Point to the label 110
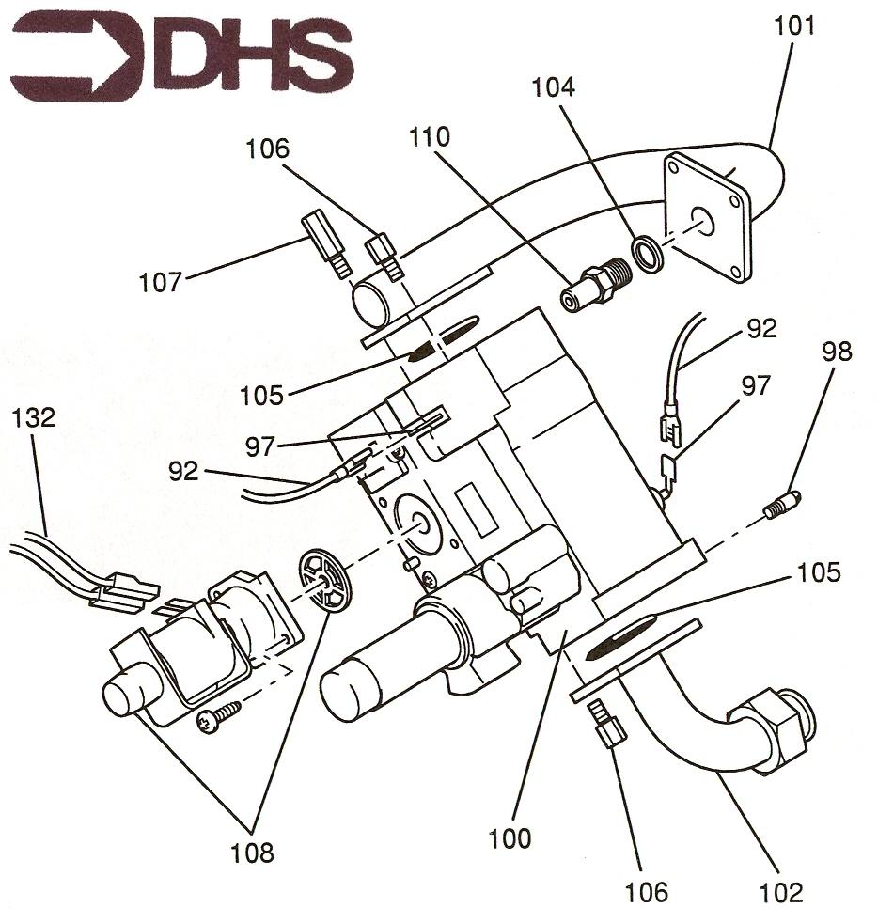[430, 137]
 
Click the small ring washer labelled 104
[648, 254]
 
